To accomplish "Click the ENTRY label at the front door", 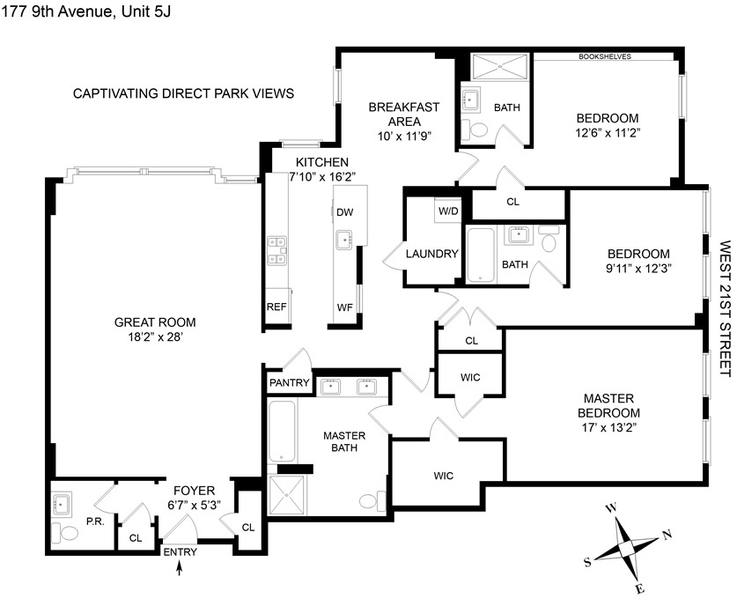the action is click(x=180, y=552).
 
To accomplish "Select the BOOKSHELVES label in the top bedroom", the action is click(x=604, y=57).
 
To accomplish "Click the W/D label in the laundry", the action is click(x=448, y=211).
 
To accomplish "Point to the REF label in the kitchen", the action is click(x=276, y=307).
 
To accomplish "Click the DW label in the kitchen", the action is click(x=344, y=212).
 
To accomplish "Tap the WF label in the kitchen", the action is click(x=344, y=307).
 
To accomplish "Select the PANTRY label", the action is click(x=290, y=382).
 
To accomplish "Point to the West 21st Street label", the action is click(x=725, y=308).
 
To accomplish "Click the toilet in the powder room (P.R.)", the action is click(x=62, y=532).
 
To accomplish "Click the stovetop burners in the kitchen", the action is click(x=276, y=250).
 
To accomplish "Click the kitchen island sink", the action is click(x=344, y=239).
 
